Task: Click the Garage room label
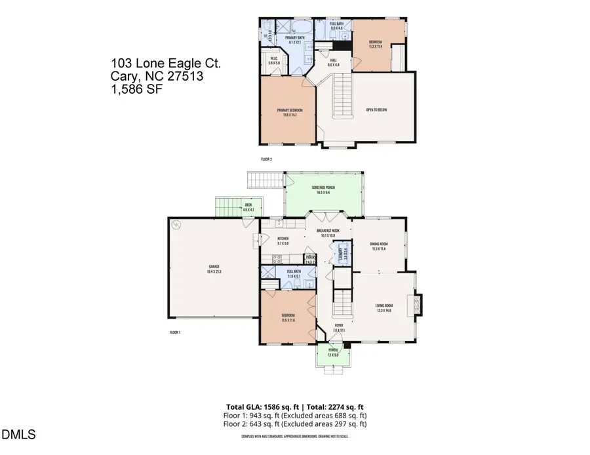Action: coord(213,267)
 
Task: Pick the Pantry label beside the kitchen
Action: coord(310,258)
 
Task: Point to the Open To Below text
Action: coord(376,109)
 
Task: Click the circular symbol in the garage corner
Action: coord(176,224)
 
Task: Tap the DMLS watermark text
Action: coord(19,434)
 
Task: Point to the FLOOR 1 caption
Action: coord(175,333)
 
